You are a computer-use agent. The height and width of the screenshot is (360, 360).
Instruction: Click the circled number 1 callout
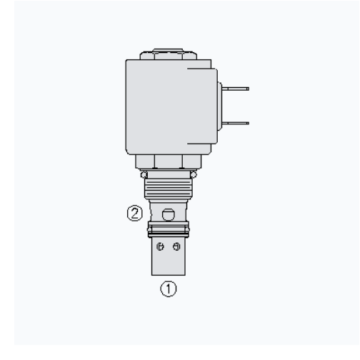(x=169, y=289)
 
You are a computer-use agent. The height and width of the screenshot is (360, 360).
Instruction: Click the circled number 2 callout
(x=135, y=213)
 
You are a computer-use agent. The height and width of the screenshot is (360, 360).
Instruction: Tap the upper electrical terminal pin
(x=235, y=89)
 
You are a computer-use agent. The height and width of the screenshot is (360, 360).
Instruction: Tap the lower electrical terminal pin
(x=235, y=123)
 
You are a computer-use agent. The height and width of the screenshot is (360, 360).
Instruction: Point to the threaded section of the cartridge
(x=168, y=188)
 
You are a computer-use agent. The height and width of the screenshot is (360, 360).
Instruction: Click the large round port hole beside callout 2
(x=168, y=214)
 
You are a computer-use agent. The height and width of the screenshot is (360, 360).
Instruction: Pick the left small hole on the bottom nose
(x=160, y=246)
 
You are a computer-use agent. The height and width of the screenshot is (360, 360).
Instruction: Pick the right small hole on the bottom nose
(x=176, y=246)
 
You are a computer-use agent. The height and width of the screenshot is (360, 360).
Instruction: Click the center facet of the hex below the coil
(x=169, y=161)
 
